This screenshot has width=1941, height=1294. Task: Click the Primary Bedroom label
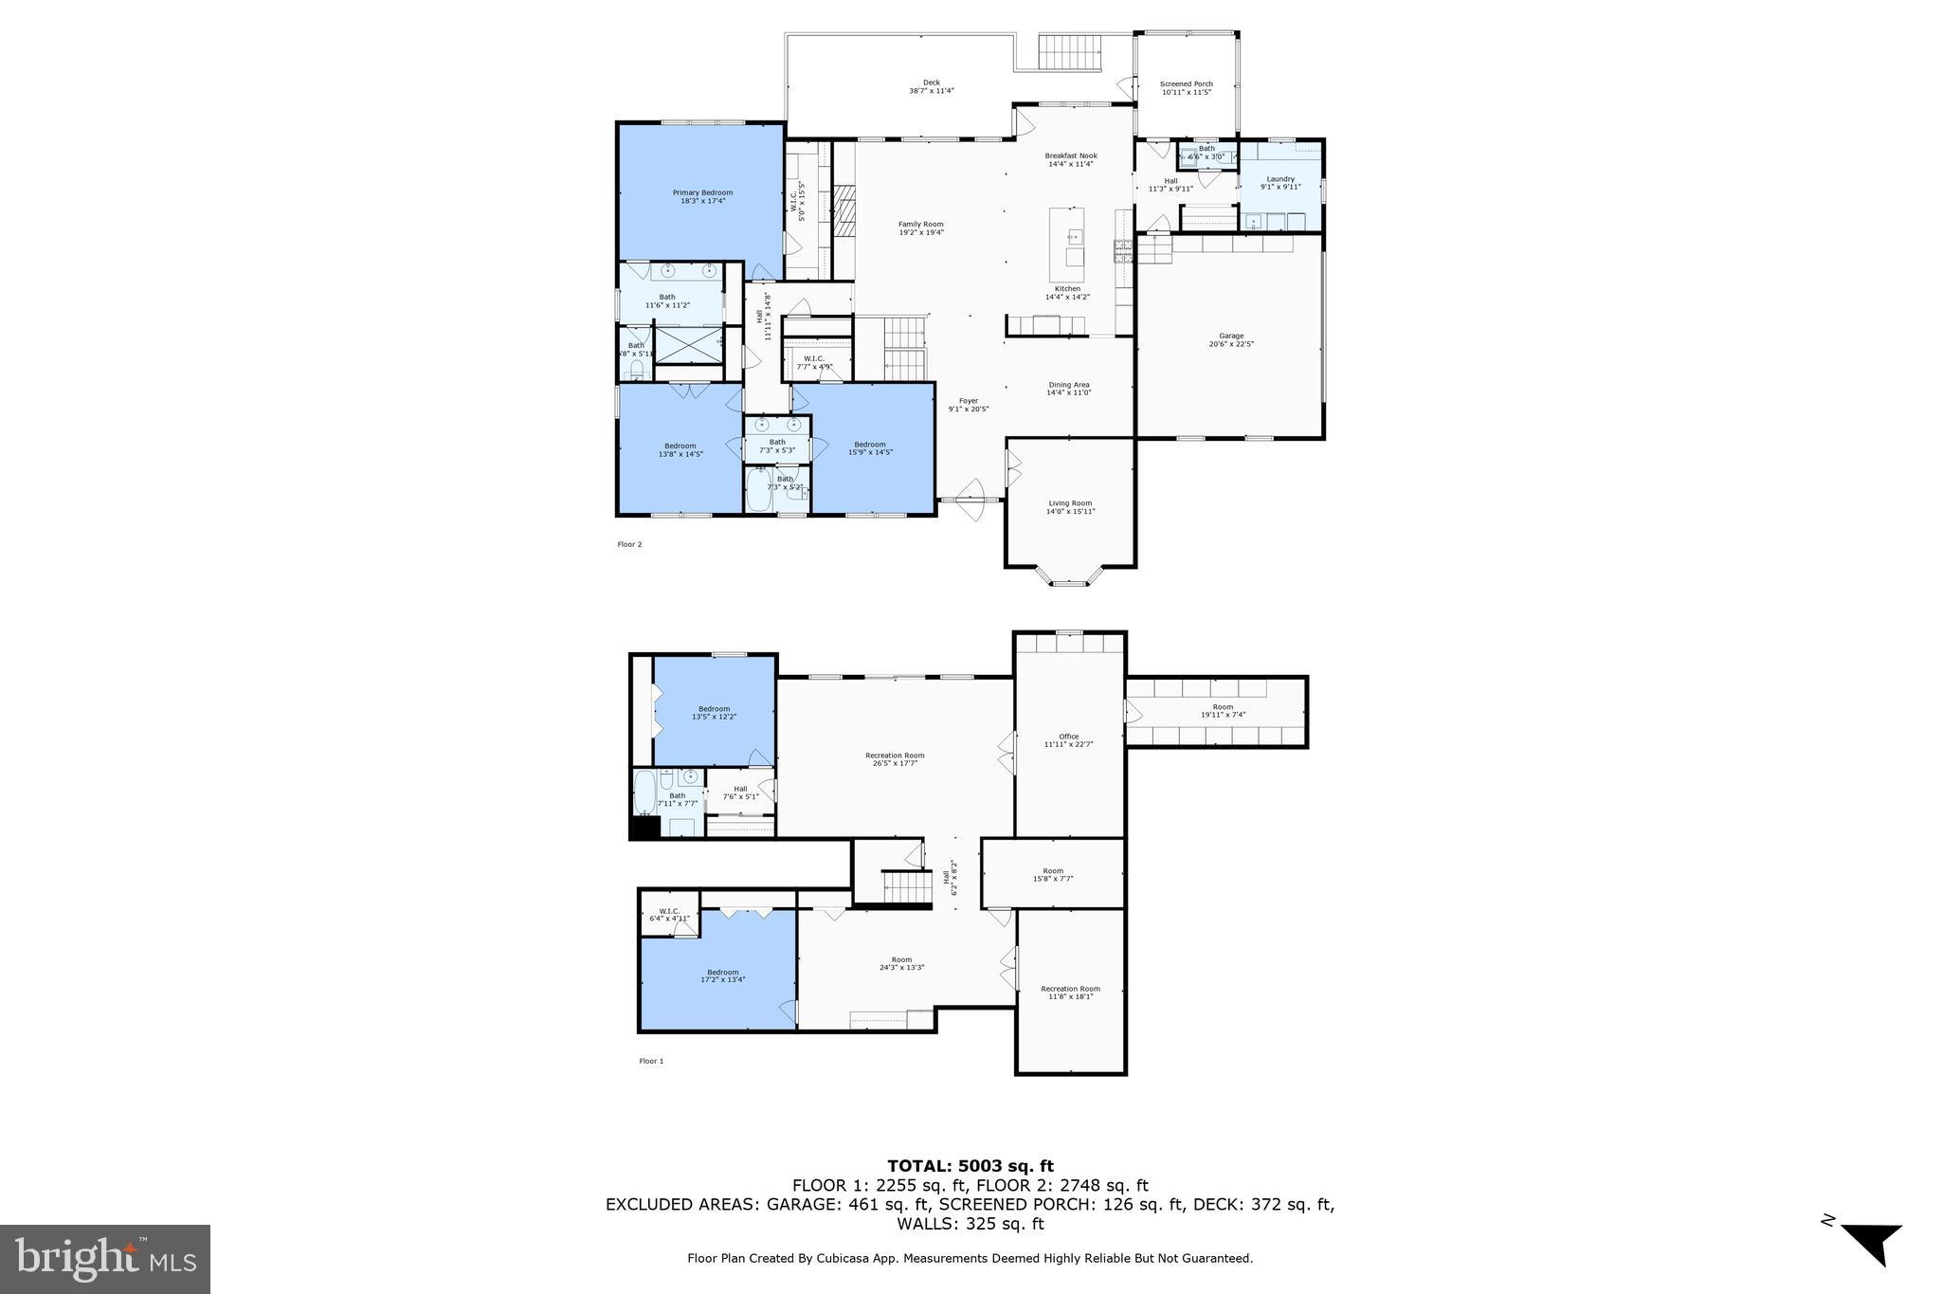click(x=702, y=193)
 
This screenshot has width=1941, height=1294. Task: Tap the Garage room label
click(x=1231, y=336)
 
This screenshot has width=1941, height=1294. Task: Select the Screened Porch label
click(x=1186, y=84)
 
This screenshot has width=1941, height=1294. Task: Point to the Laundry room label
click(x=1279, y=179)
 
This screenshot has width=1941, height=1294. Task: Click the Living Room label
click(x=1070, y=503)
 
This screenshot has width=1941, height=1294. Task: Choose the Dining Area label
click(x=1068, y=385)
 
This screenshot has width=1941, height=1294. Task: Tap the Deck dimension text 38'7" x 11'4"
click(x=931, y=91)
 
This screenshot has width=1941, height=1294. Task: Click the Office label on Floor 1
click(x=1068, y=737)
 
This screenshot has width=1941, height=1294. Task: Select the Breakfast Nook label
click(x=1071, y=155)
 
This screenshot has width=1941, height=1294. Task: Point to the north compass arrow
click(x=1871, y=1243)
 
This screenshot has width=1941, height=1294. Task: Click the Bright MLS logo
click(x=105, y=1258)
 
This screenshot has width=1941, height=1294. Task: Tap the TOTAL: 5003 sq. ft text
click(x=970, y=1166)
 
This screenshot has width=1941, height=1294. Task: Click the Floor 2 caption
click(x=629, y=544)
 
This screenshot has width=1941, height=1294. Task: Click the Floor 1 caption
click(x=651, y=1061)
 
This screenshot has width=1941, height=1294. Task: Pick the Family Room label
click(x=920, y=225)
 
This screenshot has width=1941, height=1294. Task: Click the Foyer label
click(x=968, y=401)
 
